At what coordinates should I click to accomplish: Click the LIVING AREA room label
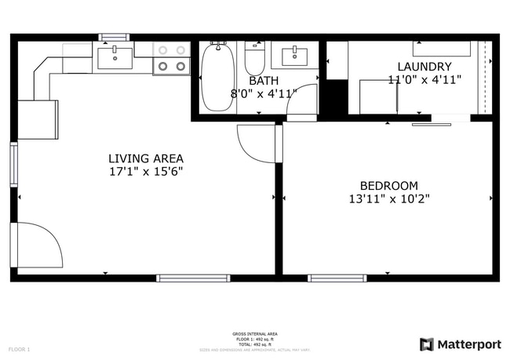(146, 158)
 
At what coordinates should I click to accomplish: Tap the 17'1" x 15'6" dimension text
(146, 170)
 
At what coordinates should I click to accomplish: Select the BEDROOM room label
(389, 186)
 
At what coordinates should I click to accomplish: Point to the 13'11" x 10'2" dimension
(389, 199)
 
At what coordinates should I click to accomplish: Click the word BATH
(263, 81)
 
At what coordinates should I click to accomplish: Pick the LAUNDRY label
(424, 67)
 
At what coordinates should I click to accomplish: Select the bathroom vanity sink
(295, 56)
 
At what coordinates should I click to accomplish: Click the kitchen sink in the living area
(116, 55)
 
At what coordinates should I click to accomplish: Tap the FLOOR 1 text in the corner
(19, 348)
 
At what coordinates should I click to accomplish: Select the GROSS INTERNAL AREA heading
(255, 333)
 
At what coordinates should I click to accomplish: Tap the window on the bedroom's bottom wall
(337, 278)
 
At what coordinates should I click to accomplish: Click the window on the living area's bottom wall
(193, 278)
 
